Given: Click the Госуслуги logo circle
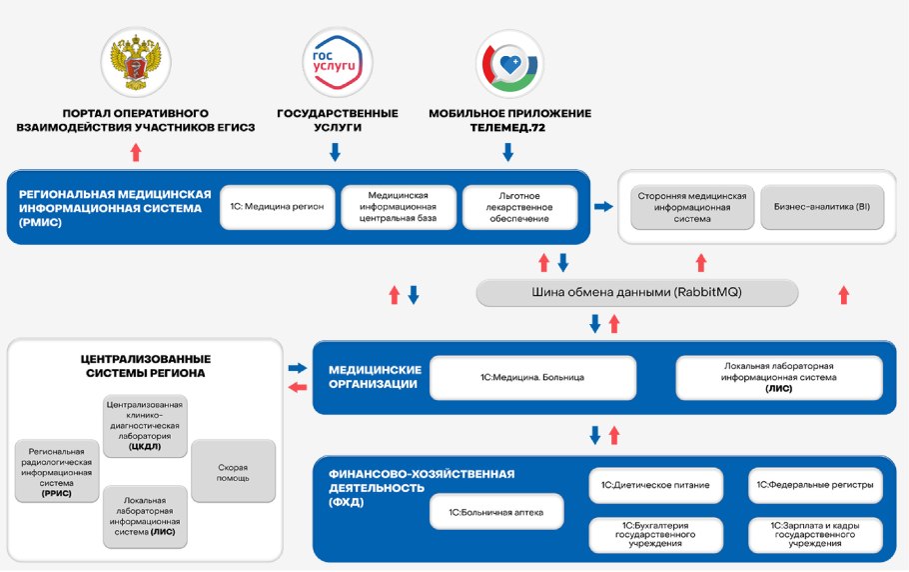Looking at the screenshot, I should [x=337, y=62].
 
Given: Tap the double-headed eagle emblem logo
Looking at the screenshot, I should [x=136, y=62].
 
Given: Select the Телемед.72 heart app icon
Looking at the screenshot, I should [x=509, y=62].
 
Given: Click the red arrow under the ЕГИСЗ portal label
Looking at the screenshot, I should [x=136, y=152].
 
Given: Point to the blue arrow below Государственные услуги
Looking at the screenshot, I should [x=336, y=152].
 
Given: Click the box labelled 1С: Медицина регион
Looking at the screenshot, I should [x=277, y=207].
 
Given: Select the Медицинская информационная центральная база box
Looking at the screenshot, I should [x=399, y=207].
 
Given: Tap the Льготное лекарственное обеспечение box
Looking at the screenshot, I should [x=519, y=207].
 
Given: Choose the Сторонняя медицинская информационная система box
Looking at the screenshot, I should [x=691, y=207].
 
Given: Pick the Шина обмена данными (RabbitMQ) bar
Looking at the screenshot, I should [x=637, y=293].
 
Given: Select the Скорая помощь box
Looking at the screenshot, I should [x=233, y=472].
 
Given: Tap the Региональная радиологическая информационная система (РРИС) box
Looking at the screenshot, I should [x=56, y=472].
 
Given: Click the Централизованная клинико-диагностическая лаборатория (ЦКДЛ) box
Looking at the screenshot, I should [x=145, y=426].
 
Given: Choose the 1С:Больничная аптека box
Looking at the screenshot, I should [x=496, y=513].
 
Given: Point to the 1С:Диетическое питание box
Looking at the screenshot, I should [x=655, y=486].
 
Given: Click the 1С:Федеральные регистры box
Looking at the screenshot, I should [x=815, y=486].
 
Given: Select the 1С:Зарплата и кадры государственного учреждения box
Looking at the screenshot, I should [x=815, y=534].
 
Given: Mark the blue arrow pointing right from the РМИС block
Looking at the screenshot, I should [x=603, y=206].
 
